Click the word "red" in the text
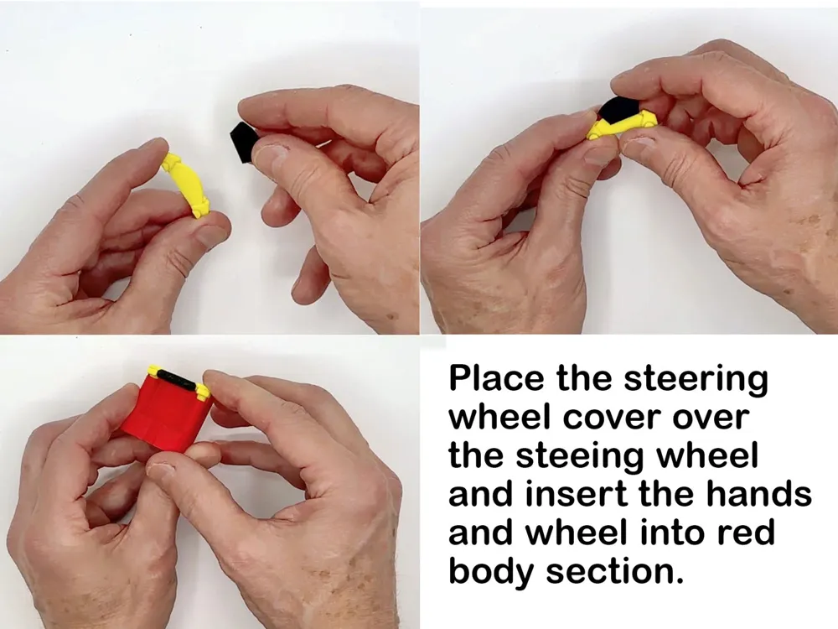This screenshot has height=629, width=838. pyautogui.click(x=745, y=533)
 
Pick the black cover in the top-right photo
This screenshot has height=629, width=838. pyautogui.click(x=618, y=109)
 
